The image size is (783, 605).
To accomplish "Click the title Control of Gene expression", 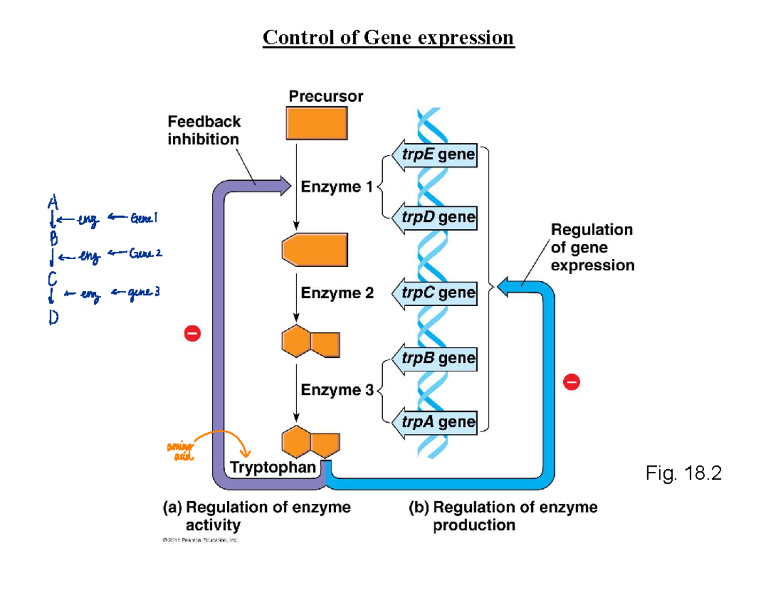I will (x=388, y=38).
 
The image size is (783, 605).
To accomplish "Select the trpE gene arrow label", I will (x=435, y=157).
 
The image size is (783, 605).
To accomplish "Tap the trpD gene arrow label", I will (x=435, y=217).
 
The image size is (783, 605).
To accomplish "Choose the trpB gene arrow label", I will (x=435, y=358).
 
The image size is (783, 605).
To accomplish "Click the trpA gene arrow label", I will (x=435, y=422).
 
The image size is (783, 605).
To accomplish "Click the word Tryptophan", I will (x=271, y=467).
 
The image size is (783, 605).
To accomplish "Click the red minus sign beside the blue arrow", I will (x=571, y=380).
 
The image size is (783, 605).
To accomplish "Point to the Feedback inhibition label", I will (x=204, y=130).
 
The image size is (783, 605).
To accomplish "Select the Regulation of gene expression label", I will (x=592, y=247).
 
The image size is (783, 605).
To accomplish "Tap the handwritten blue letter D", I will (x=54, y=318).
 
